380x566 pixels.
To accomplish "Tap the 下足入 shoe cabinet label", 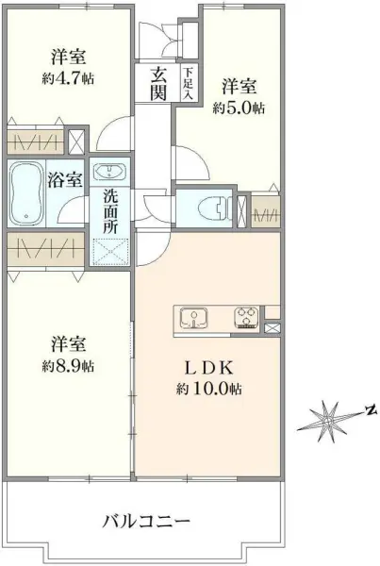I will click(x=189, y=83).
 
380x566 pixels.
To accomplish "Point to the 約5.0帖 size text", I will click(x=238, y=108).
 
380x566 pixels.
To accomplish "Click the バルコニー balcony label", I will click(x=146, y=520).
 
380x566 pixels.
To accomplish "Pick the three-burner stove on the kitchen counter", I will click(x=247, y=317).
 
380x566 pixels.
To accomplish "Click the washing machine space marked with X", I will click(x=111, y=250).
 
